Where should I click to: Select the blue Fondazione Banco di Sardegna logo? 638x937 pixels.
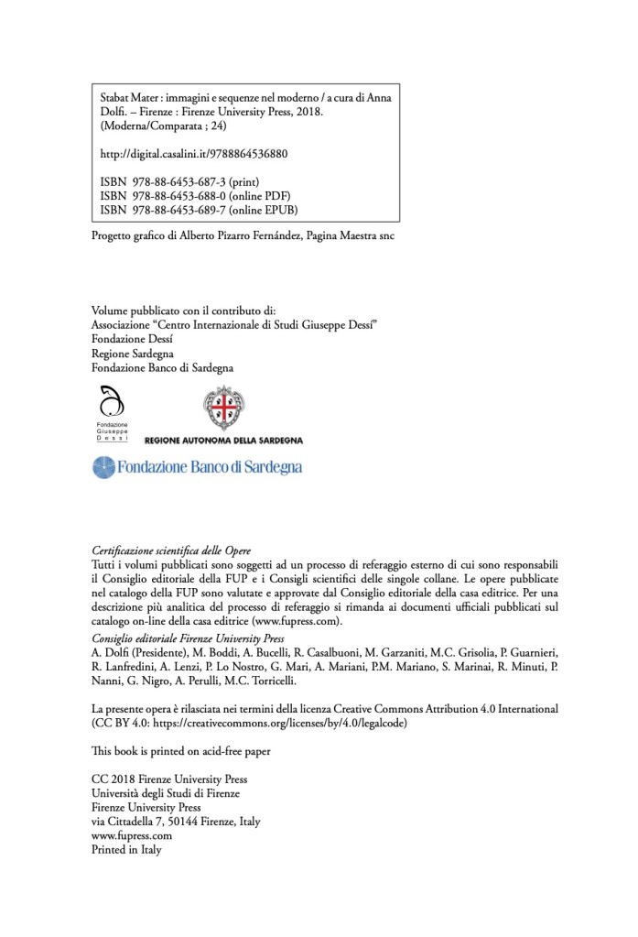coord(198,467)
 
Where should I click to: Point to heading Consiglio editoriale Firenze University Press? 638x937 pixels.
coord(189,637)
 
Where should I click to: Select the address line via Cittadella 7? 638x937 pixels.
coord(176,822)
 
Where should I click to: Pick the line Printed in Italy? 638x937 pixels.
coord(126,850)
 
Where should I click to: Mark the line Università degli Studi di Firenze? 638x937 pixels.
coord(168,793)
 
